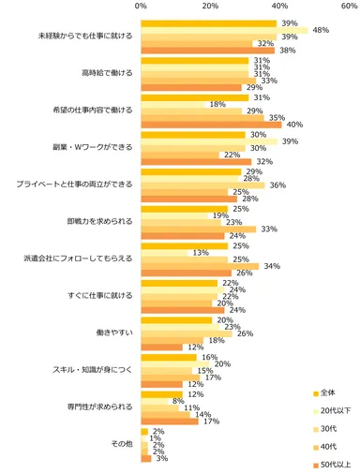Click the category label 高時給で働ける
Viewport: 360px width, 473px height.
[x=107, y=72]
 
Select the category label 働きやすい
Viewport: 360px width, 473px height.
[x=114, y=332]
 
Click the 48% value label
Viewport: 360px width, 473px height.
[x=319, y=30]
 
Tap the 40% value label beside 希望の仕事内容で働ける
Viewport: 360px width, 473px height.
[x=292, y=124]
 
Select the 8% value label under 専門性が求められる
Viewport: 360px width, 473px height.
[x=177, y=401]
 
